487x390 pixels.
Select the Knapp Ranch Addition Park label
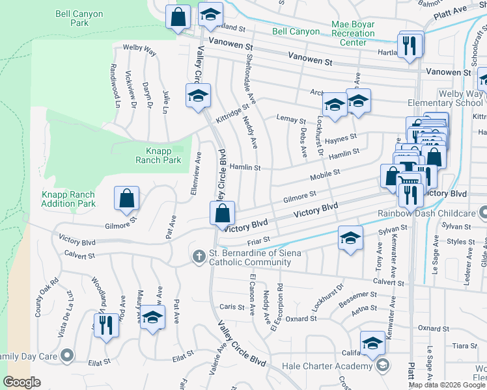(x=68, y=199)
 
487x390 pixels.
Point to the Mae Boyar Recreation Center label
(x=357, y=33)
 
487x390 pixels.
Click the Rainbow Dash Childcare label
(x=423, y=213)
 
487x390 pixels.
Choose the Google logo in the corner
(x=22, y=382)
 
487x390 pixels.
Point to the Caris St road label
(x=231, y=306)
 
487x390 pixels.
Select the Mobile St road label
(x=325, y=174)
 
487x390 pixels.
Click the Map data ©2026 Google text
(x=446, y=385)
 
